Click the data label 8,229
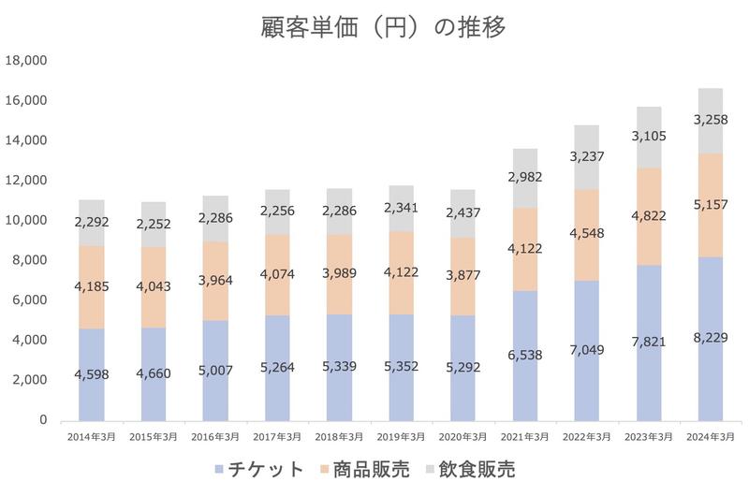[x=723, y=337]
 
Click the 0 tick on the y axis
[x=42, y=420]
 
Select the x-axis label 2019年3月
[x=401, y=436]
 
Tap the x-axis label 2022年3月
[x=588, y=436]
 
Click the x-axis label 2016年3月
[x=215, y=436]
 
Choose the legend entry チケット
[x=261, y=465]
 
